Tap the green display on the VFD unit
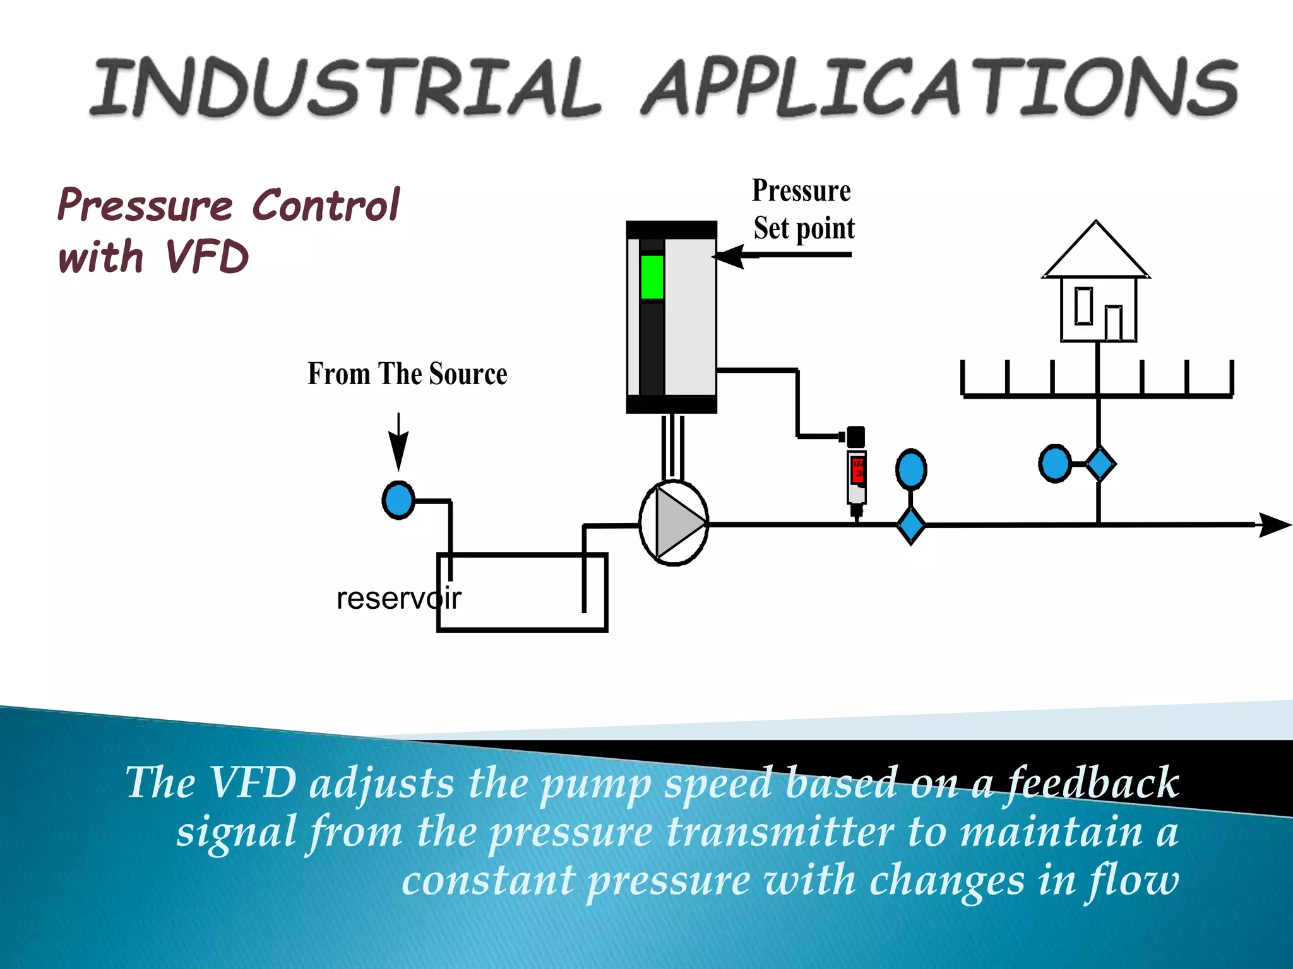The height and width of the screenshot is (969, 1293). (652, 277)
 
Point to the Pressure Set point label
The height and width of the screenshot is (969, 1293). (802, 209)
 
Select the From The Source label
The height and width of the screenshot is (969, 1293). (407, 373)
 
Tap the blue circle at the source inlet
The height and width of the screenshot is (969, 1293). (398, 500)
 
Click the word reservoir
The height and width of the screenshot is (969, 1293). (398, 598)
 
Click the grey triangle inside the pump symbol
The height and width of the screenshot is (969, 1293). (677, 523)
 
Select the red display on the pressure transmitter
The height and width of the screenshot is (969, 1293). (857, 471)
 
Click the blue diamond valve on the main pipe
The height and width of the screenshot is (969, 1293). (911, 524)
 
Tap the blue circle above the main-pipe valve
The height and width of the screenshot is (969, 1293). (911, 469)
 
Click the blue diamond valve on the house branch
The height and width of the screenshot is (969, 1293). (1100, 464)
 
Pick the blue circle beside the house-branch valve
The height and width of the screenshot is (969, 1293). (1054, 464)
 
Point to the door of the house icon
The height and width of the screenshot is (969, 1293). (1114, 323)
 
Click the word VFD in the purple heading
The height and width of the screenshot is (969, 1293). (207, 257)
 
